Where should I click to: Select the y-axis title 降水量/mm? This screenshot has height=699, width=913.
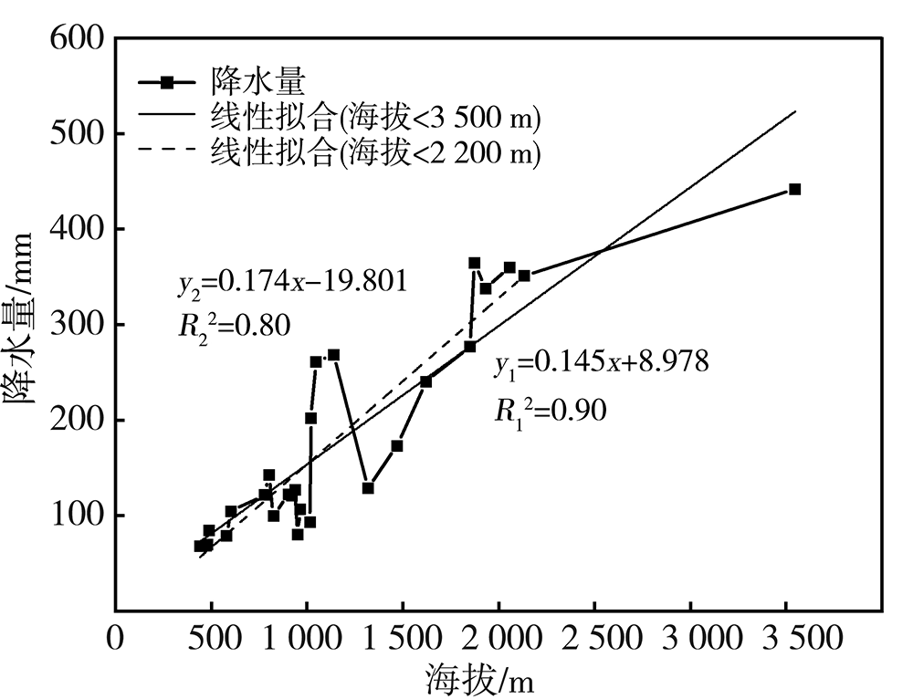click(22, 324)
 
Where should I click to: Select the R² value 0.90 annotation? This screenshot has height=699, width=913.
click(550, 410)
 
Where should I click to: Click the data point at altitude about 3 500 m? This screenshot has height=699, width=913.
click(794, 190)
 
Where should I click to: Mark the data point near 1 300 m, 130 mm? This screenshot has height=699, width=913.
click(368, 488)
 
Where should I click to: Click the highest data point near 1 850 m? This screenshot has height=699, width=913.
click(475, 263)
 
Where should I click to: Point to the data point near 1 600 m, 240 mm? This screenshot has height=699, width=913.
click(425, 381)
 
